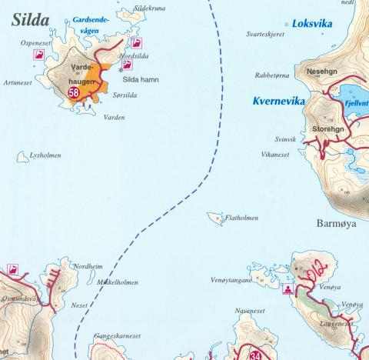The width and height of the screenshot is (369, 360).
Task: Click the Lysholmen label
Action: coord(44,155)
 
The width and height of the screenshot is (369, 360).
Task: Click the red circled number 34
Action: coord(256,355)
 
